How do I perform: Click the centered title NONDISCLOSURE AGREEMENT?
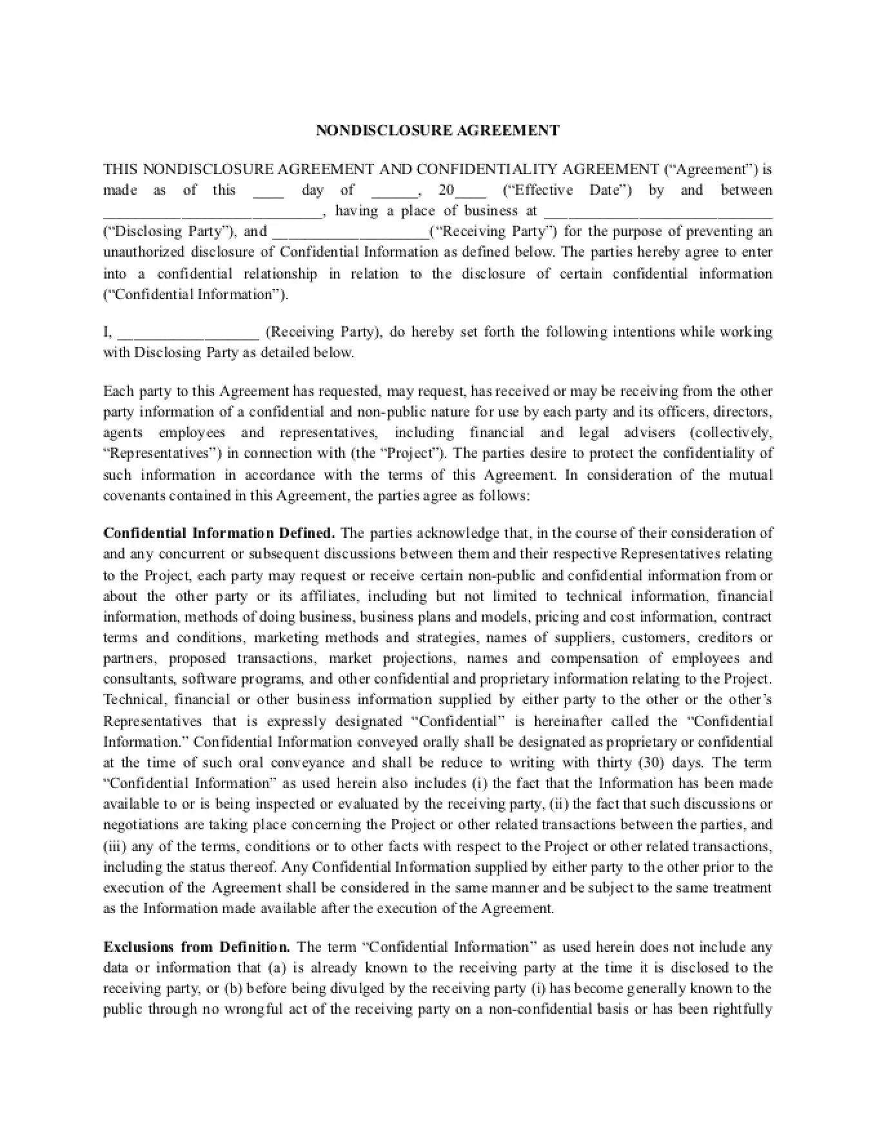click(x=438, y=130)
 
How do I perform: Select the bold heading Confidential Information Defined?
click(x=219, y=533)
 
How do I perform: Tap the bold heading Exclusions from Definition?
click(x=197, y=947)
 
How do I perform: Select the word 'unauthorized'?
click(x=143, y=252)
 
